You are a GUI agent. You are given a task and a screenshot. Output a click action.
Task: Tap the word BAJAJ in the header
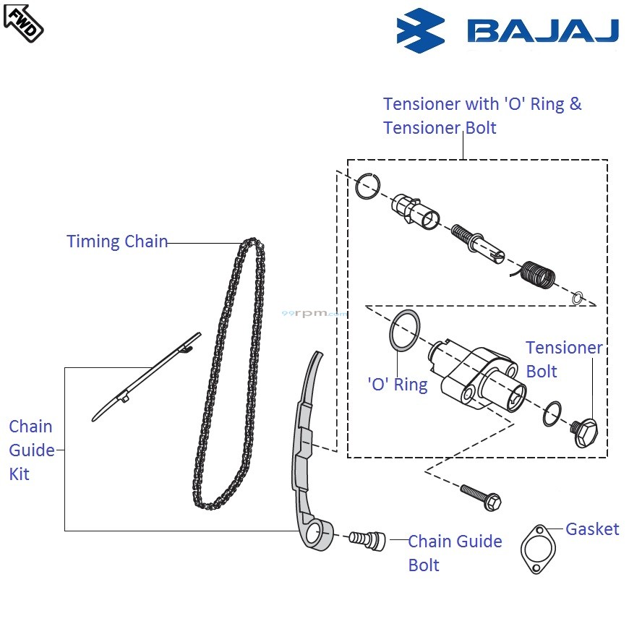click(542, 30)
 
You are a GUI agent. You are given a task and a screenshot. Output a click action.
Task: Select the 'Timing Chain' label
click(117, 241)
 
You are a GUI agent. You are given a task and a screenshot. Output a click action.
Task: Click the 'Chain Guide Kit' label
click(31, 450)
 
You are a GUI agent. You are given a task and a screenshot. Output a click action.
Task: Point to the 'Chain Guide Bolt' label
click(454, 553)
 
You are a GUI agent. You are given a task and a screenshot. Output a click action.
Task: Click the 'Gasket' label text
click(591, 529)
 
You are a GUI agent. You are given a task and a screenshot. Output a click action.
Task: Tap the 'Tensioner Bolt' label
click(563, 359)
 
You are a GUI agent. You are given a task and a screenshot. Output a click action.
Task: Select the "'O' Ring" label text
click(398, 384)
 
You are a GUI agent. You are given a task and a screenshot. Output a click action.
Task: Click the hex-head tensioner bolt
click(583, 433)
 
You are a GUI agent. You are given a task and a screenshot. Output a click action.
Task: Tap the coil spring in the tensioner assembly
click(538, 275)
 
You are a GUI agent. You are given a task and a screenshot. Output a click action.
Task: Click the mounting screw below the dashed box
click(481, 495)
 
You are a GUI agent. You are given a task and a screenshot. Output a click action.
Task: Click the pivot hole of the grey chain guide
click(315, 534)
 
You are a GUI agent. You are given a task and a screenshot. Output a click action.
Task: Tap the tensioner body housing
click(477, 372)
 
